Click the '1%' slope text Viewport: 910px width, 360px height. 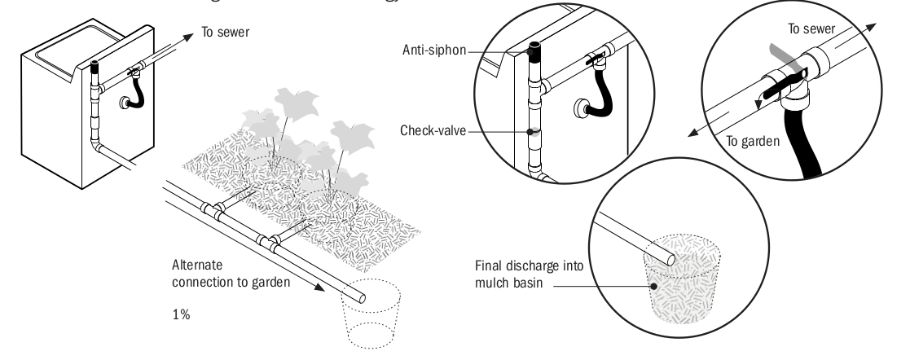182,315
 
